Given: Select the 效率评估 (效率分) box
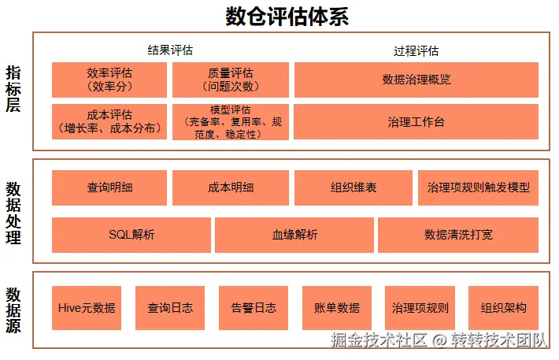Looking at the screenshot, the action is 109,80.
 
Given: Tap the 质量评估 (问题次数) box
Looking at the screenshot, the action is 231,80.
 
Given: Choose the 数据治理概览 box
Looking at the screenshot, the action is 416,80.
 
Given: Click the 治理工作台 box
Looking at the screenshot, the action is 416,122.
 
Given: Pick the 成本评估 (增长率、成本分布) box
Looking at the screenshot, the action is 109,122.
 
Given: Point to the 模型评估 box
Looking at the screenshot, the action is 231,122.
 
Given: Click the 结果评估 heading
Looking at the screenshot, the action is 170,50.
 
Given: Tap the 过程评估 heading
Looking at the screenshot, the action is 416,50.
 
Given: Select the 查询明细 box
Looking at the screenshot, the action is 109,187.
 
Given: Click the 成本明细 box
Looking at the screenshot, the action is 231,187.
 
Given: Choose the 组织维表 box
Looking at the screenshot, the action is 354,187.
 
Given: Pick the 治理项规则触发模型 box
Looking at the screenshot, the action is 478,187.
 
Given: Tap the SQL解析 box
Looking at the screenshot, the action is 131,235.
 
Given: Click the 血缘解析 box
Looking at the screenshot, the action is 294,235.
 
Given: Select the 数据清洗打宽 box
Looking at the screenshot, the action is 458,235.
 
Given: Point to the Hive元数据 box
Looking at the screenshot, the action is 87,307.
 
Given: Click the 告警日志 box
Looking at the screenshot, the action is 254,307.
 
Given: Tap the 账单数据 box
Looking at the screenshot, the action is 336,307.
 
